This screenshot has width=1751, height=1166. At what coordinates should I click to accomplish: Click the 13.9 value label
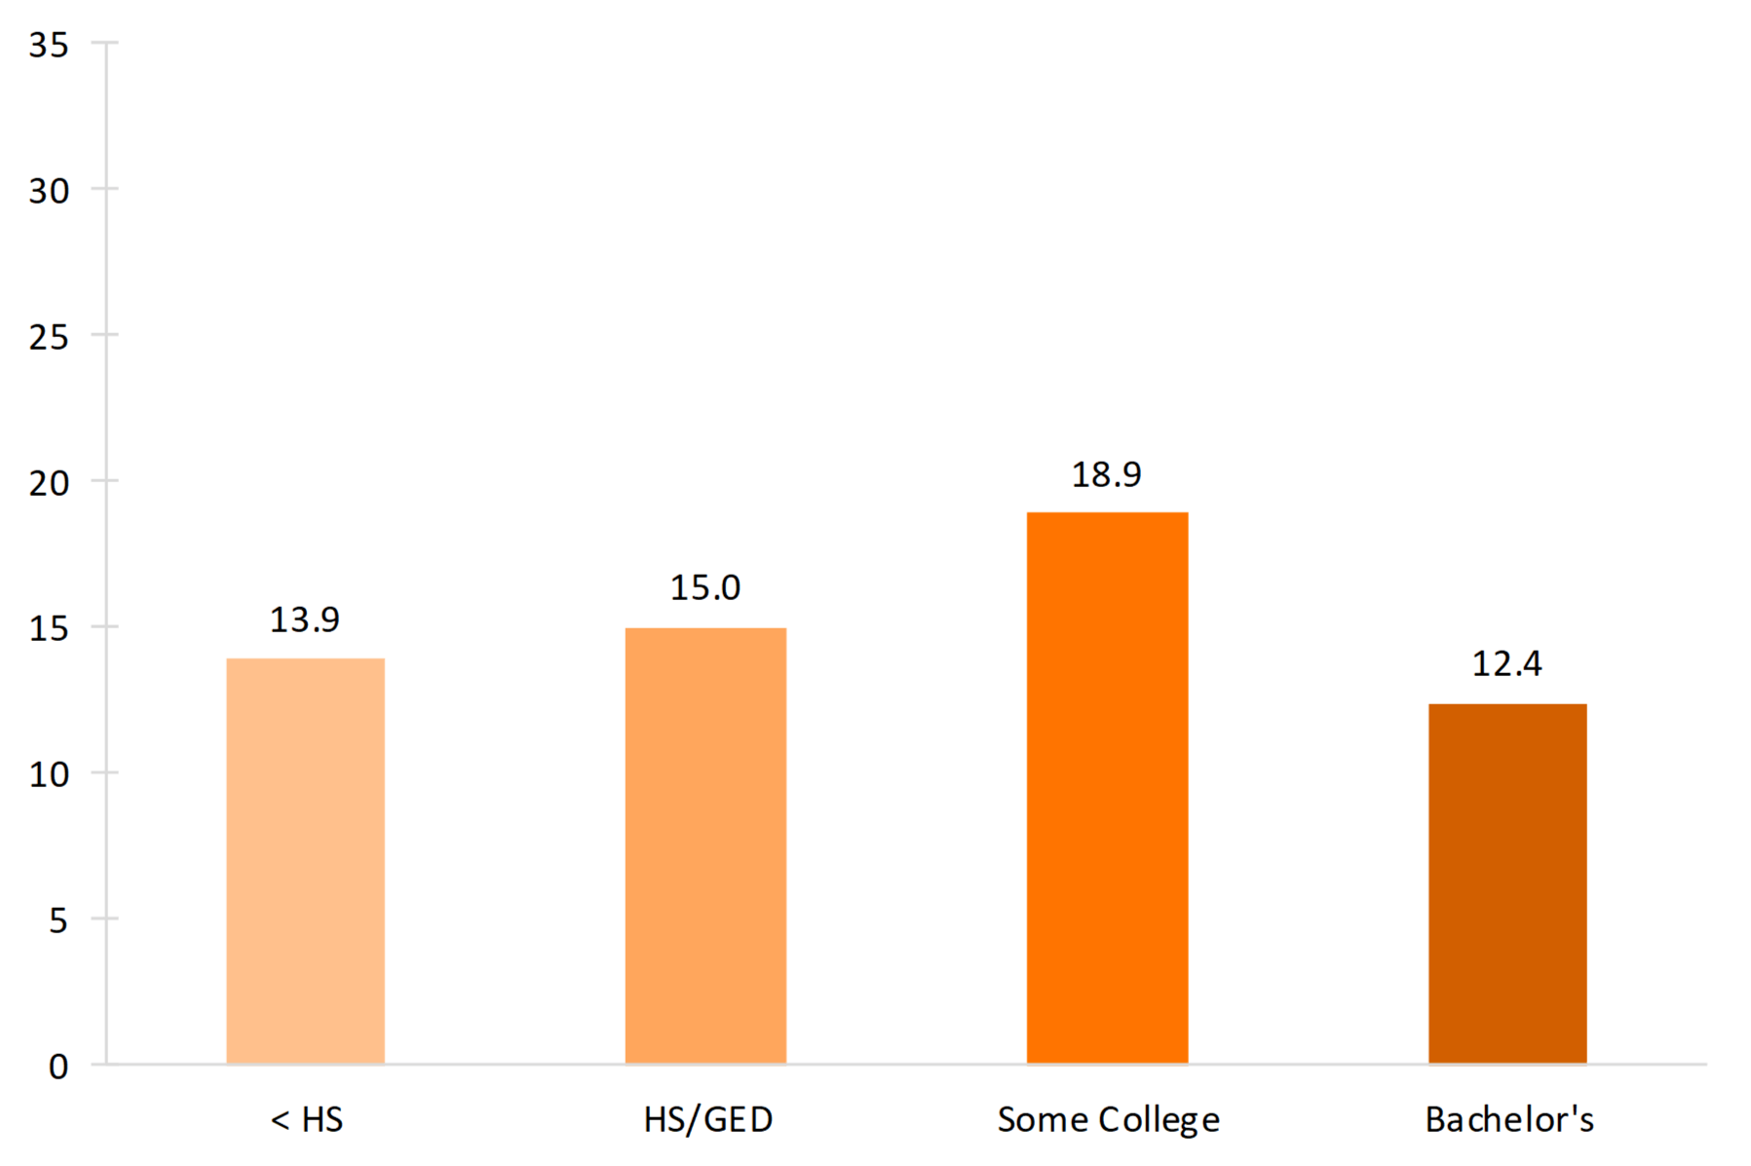pyautogui.click(x=305, y=620)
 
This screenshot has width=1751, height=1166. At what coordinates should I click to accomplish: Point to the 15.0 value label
pyautogui.click(x=705, y=587)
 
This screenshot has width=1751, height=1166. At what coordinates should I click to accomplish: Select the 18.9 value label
pyautogui.click(x=1107, y=474)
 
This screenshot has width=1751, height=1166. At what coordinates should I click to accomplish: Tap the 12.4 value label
pyautogui.click(x=1507, y=663)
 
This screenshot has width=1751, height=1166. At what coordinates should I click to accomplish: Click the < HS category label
pyautogui.click(x=307, y=1120)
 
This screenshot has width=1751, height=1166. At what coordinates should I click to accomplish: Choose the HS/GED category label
pyautogui.click(x=708, y=1120)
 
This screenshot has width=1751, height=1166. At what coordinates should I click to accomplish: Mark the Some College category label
pyautogui.click(x=1109, y=1120)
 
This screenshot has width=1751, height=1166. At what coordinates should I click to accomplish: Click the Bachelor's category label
pyautogui.click(x=1509, y=1120)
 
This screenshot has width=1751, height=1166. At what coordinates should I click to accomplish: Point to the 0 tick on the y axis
pyautogui.click(x=58, y=1067)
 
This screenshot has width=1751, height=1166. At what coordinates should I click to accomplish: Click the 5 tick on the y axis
pyautogui.click(x=58, y=921)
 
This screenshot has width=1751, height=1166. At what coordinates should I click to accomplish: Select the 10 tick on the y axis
pyautogui.click(x=49, y=774)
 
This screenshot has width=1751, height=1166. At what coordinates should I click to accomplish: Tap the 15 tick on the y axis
pyautogui.click(x=49, y=628)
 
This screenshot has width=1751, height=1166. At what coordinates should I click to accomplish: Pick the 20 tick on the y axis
pyautogui.click(x=49, y=482)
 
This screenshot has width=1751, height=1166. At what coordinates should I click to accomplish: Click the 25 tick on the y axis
pyautogui.click(x=49, y=337)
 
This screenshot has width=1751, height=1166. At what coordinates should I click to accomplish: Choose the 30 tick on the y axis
pyautogui.click(x=49, y=191)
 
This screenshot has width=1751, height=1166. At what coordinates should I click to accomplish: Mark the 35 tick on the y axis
pyautogui.click(x=49, y=45)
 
